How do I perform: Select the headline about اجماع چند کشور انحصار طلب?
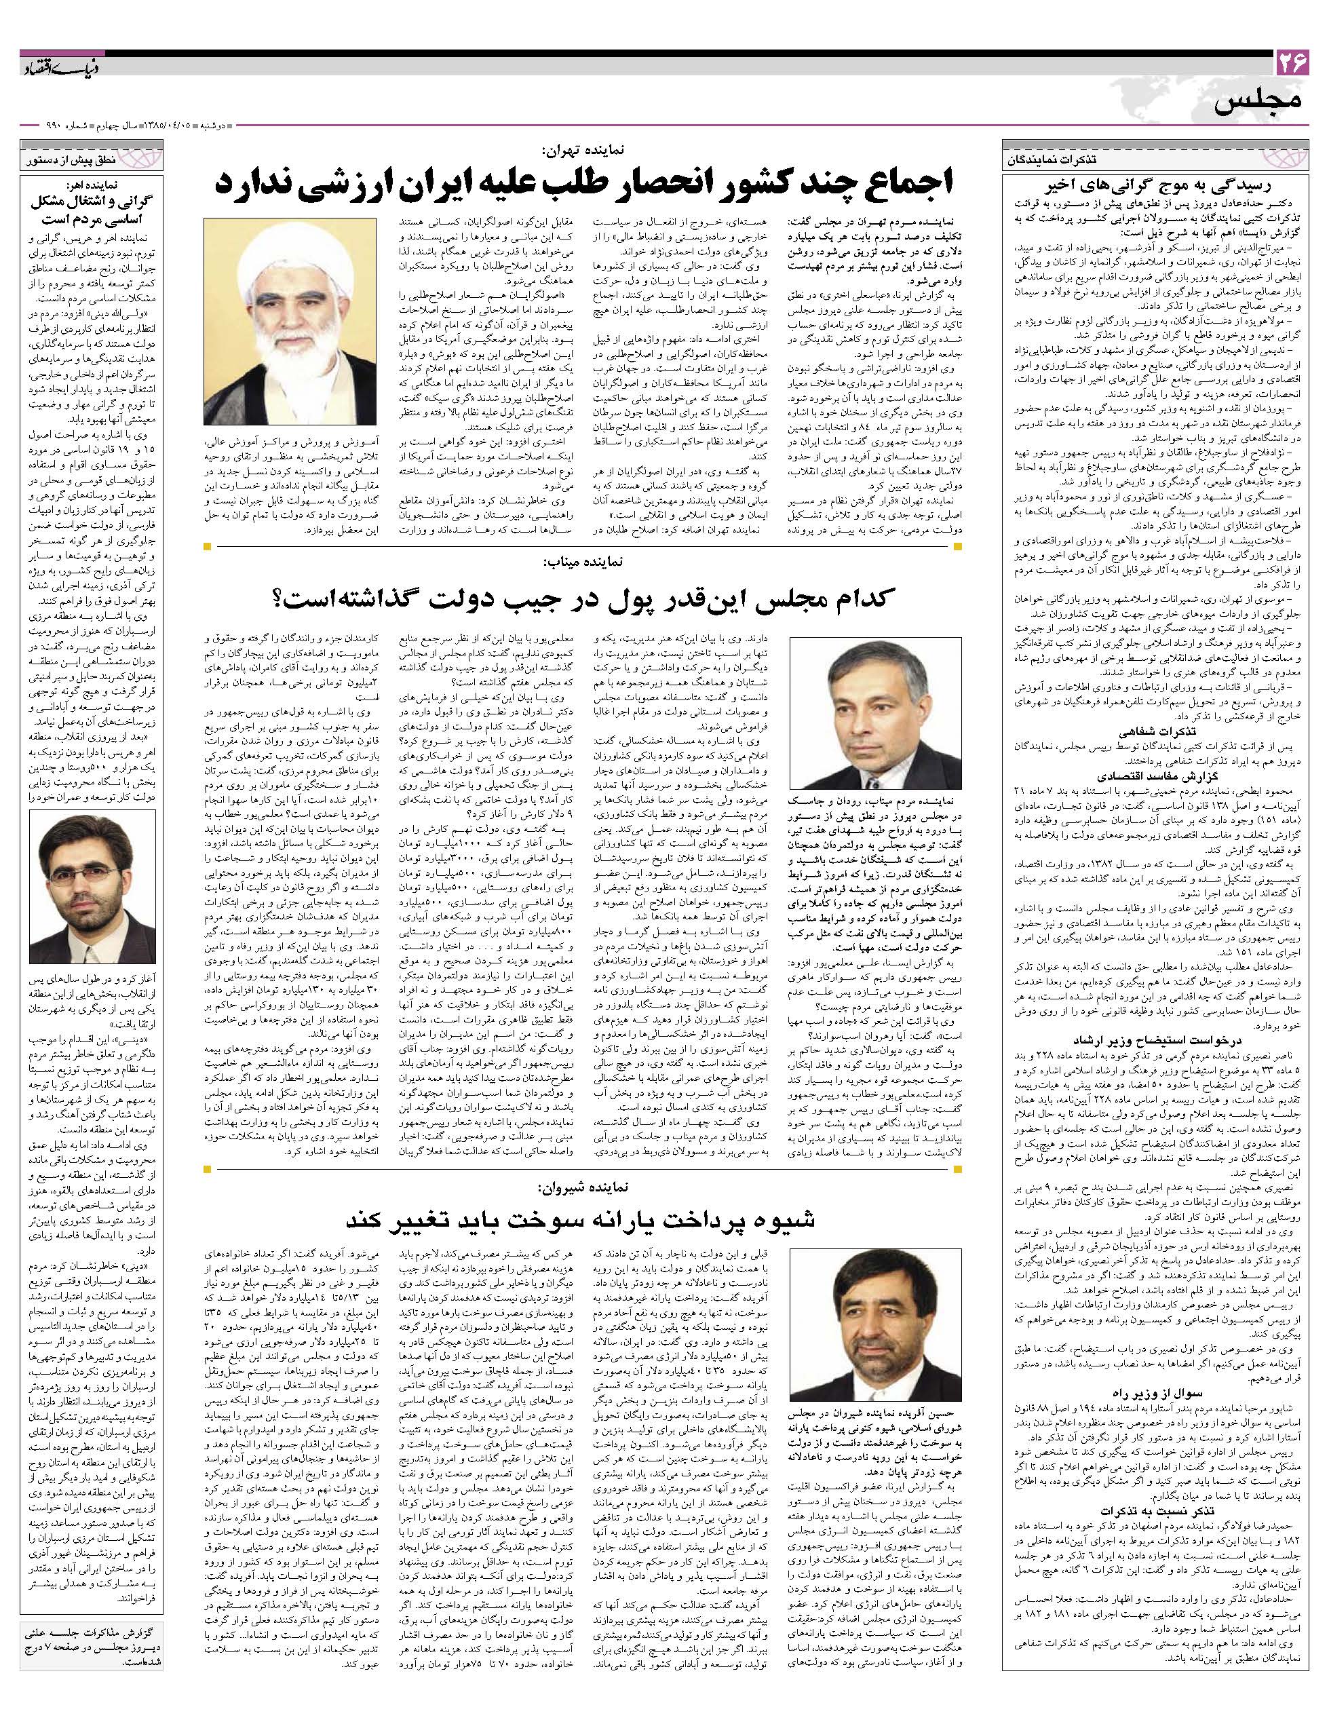(584, 185)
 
